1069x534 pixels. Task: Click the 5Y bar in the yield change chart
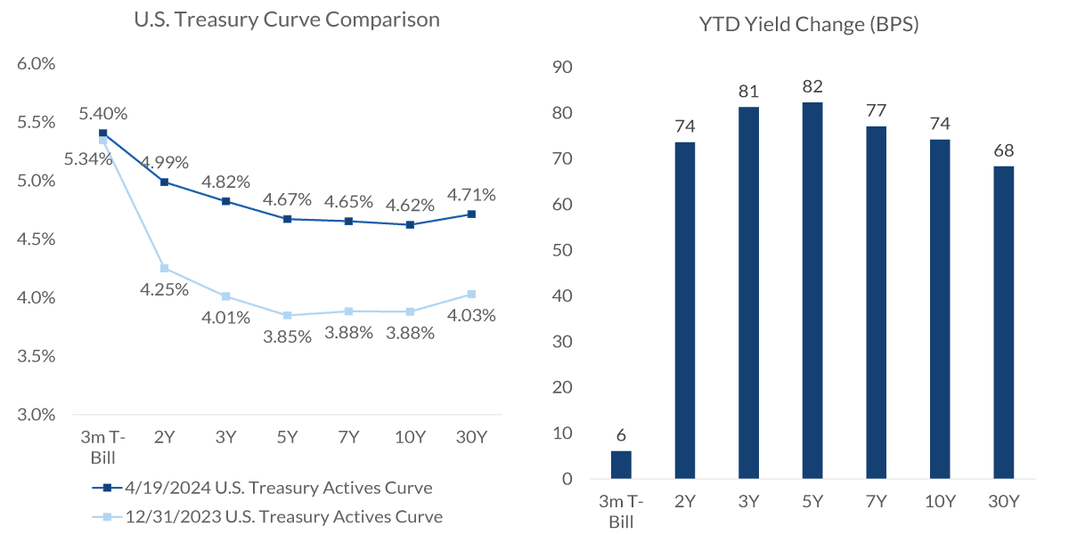[812, 290]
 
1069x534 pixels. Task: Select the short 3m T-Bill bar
[621, 465]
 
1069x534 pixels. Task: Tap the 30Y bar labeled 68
[1003, 322]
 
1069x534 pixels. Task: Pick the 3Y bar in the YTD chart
[748, 293]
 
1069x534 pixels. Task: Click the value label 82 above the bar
[812, 87]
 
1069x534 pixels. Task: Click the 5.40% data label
[102, 114]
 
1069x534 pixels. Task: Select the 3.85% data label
[287, 336]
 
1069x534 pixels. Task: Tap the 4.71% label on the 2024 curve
[471, 195]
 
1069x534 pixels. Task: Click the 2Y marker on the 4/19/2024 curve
[164, 182]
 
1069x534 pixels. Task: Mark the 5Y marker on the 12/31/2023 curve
[287, 315]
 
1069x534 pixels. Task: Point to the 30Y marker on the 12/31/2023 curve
[471, 294]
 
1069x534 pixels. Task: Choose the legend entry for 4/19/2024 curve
[263, 488]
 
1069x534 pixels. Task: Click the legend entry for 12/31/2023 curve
[267, 516]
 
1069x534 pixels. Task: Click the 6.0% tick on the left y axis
[36, 64]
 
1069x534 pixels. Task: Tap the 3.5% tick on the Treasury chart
[36, 356]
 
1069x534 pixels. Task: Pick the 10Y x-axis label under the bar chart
[939, 502]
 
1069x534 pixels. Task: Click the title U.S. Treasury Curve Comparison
[286, 20]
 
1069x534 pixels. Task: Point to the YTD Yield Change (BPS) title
[809, 25]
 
